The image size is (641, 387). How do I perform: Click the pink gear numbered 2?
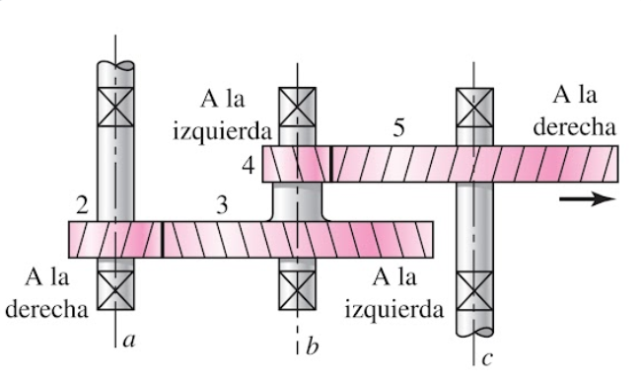tap(113, 239)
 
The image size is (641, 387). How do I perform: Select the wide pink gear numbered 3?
tap(296, 239)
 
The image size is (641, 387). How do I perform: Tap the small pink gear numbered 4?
tap(295, 164)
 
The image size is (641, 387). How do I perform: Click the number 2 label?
tap(83, 205)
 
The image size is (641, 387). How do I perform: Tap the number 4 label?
tap(249, 165)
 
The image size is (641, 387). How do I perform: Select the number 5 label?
tap(398, 128)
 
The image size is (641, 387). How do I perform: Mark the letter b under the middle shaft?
tap(312, 345)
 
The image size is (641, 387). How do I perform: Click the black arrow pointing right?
tap(587, 199)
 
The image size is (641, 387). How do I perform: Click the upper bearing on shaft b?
tap(297, 106)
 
